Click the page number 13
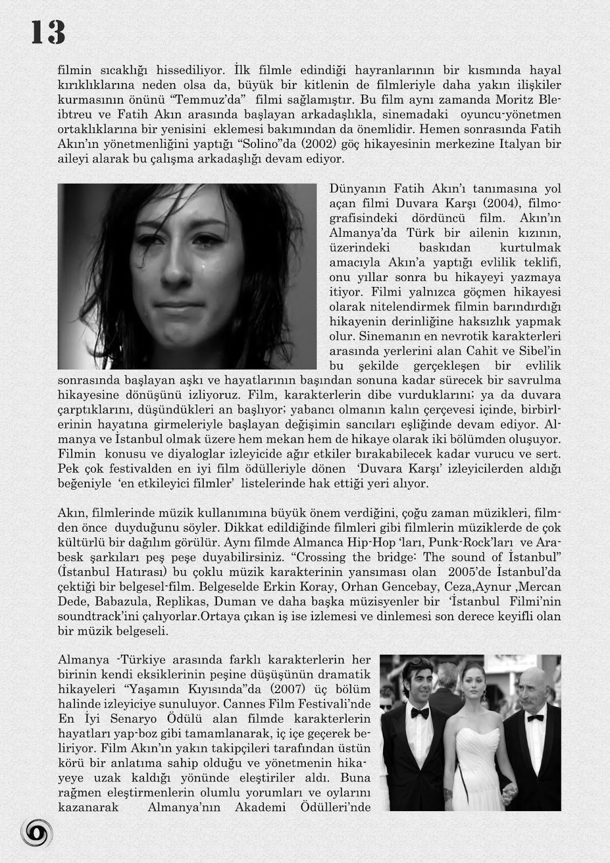click(48, 33)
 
